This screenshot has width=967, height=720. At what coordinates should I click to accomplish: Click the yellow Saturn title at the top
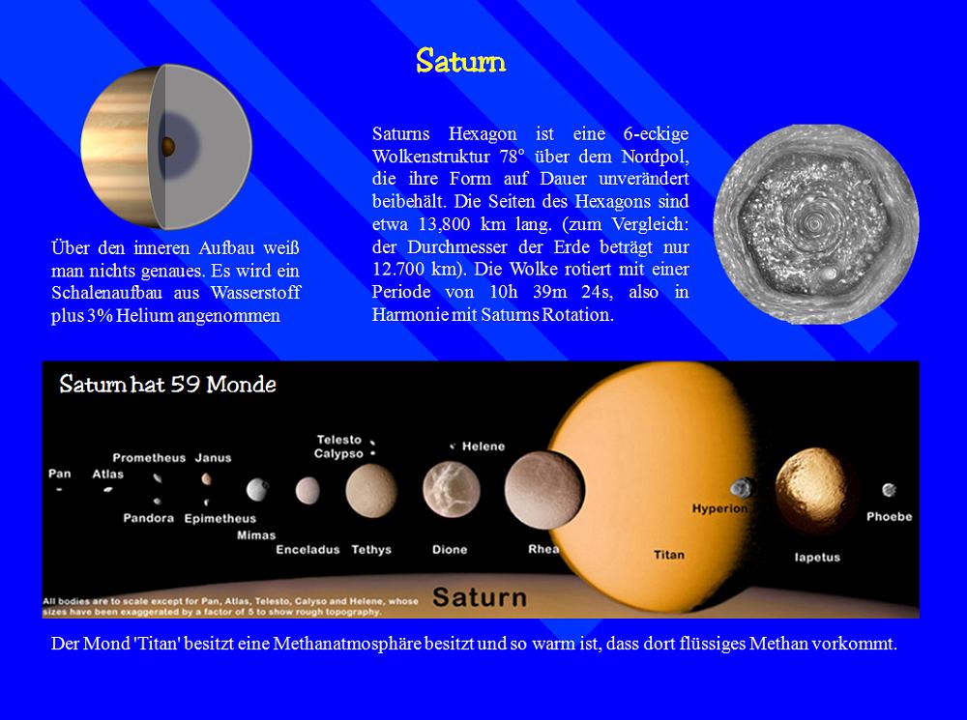460,61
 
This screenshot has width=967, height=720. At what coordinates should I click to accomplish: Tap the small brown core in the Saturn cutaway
167,147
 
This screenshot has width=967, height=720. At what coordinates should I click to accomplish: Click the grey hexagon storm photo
816,224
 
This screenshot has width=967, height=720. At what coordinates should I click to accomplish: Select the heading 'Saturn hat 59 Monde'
167,384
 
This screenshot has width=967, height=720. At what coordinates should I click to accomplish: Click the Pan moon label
60,474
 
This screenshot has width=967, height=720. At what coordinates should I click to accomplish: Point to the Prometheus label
149,457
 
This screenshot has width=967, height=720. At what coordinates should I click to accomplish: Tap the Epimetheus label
220,518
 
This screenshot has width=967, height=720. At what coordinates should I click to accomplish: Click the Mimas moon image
257,490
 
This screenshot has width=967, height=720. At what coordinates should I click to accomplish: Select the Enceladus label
308,549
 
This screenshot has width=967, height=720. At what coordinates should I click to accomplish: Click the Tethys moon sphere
371,491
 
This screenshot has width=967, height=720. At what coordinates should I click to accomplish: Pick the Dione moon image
452,489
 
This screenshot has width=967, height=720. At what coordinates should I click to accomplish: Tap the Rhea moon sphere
543,490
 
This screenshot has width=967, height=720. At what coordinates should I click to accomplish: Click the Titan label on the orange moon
669,555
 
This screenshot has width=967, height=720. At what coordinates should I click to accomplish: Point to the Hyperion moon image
742,488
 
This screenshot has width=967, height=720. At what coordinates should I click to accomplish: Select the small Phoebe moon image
889,490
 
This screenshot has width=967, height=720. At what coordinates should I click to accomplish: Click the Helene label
483,446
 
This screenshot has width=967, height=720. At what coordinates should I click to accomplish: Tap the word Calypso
338,453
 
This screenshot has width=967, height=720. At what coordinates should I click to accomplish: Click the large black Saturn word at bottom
480,597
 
